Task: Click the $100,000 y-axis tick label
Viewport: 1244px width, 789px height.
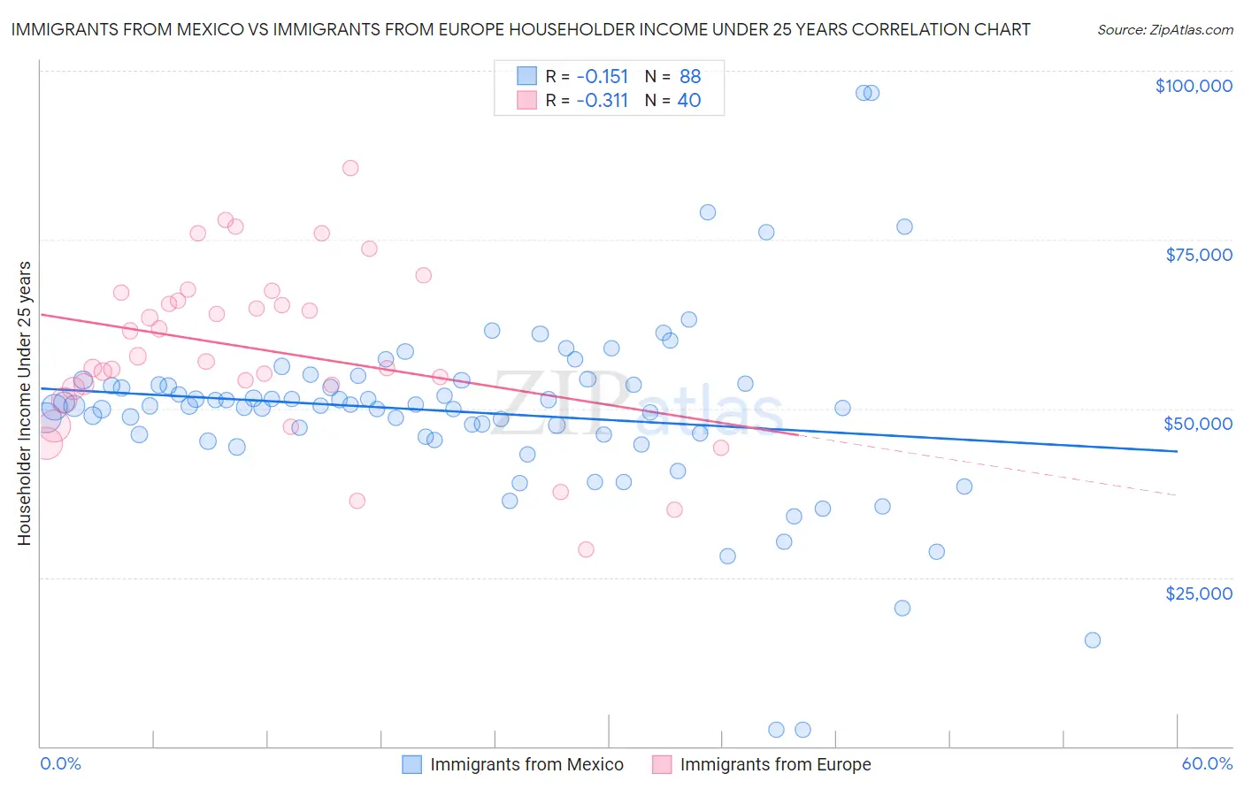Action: click(1194, 86)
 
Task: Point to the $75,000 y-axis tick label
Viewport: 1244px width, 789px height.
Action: click(1198, 255)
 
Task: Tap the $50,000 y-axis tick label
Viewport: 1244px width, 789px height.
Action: click(1198, 424)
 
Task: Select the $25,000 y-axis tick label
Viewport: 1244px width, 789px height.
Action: click(1198, 593)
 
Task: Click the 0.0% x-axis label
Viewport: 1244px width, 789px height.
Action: click(60, 763)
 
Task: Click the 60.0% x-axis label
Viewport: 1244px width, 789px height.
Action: click(1207, 763)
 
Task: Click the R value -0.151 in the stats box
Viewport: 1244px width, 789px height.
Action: click(602, 76)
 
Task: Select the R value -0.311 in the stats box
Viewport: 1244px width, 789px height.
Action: click(602, 100)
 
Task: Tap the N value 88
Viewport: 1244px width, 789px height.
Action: click(690, 76)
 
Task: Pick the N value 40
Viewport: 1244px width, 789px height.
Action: click(689, 100)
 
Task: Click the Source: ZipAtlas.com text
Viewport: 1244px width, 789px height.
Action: click(1164, 29)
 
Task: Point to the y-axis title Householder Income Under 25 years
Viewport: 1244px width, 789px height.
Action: click(24, 402)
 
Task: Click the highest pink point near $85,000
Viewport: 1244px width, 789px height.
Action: click(350, 168)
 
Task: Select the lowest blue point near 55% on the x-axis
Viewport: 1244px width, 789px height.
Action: click(1093, 640)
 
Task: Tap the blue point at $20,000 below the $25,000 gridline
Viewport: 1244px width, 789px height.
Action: click(902, 608)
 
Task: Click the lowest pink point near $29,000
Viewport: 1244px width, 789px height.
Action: click(586, 549)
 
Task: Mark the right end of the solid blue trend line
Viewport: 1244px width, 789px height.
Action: click(1177, 451)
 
